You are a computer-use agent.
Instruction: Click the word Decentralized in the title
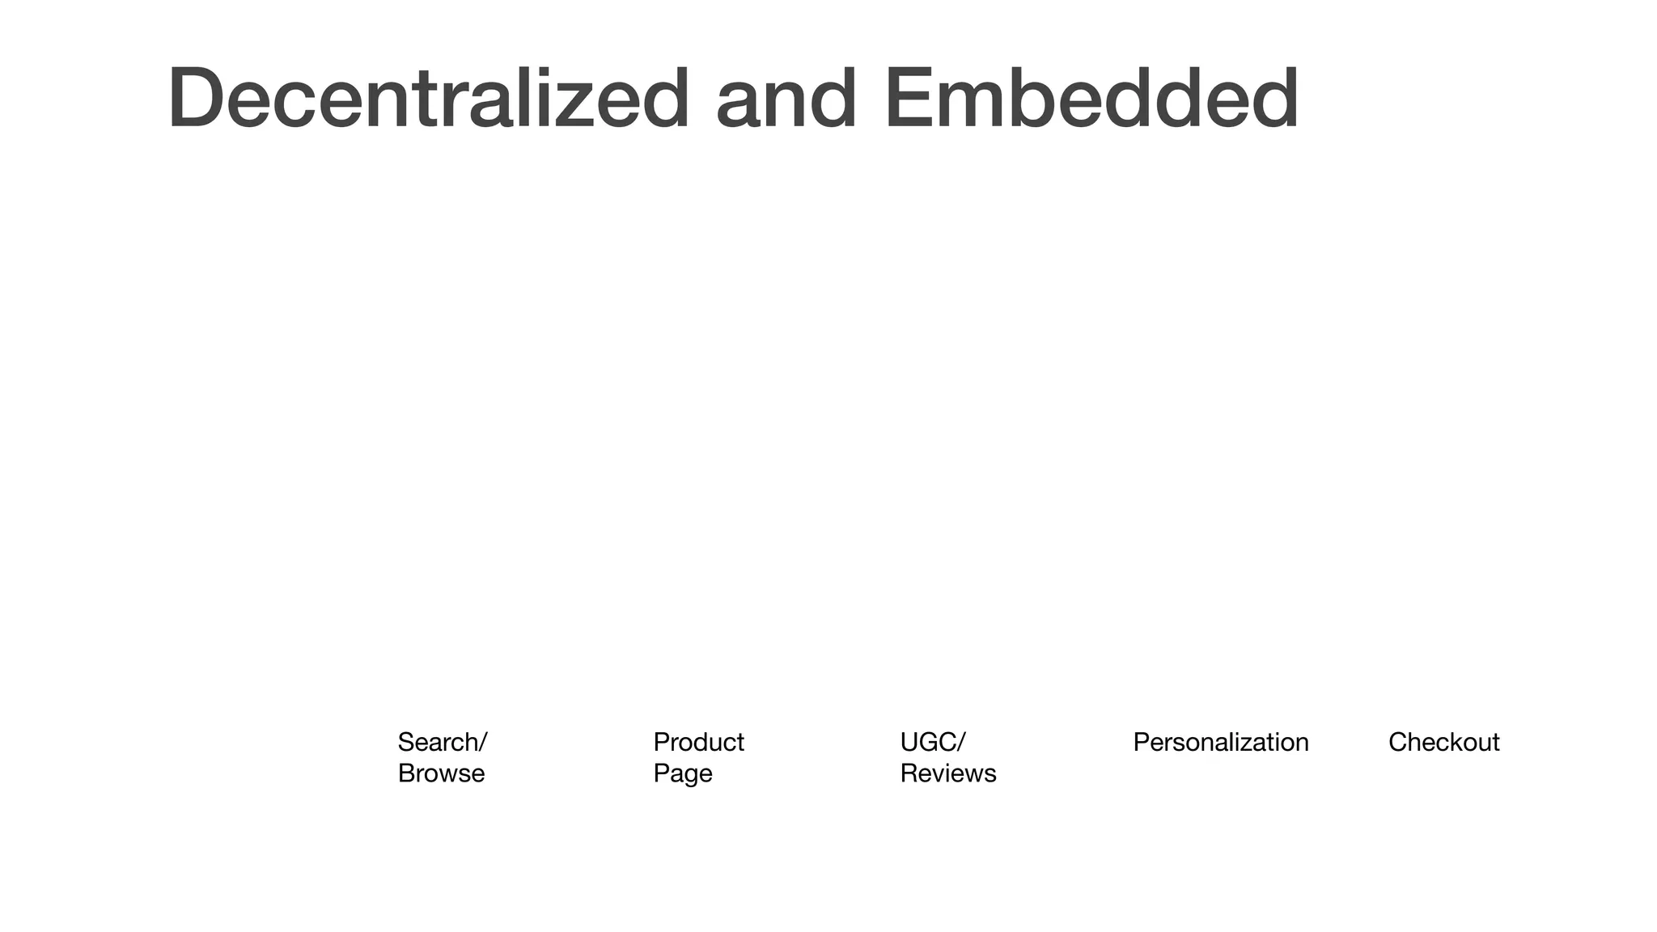pos(429,99)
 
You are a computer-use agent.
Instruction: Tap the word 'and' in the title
pos(786,99)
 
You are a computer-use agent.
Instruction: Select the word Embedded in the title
pos(1091,99)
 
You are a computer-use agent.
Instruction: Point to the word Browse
pos(441,773)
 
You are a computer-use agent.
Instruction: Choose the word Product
pos(698,742)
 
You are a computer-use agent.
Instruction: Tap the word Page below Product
pos(682,774)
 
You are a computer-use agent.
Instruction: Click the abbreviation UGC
pos(928,742)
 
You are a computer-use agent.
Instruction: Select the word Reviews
pos(947,773)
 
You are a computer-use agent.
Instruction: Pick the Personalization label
pos(1220,742)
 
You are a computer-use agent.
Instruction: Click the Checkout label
pos(1443,742)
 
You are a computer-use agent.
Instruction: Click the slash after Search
pos(483,742)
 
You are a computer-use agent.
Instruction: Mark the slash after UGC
pos(961,742)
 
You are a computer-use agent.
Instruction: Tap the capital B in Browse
pos(406,773)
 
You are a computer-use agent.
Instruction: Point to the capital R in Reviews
pos(909,773)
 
